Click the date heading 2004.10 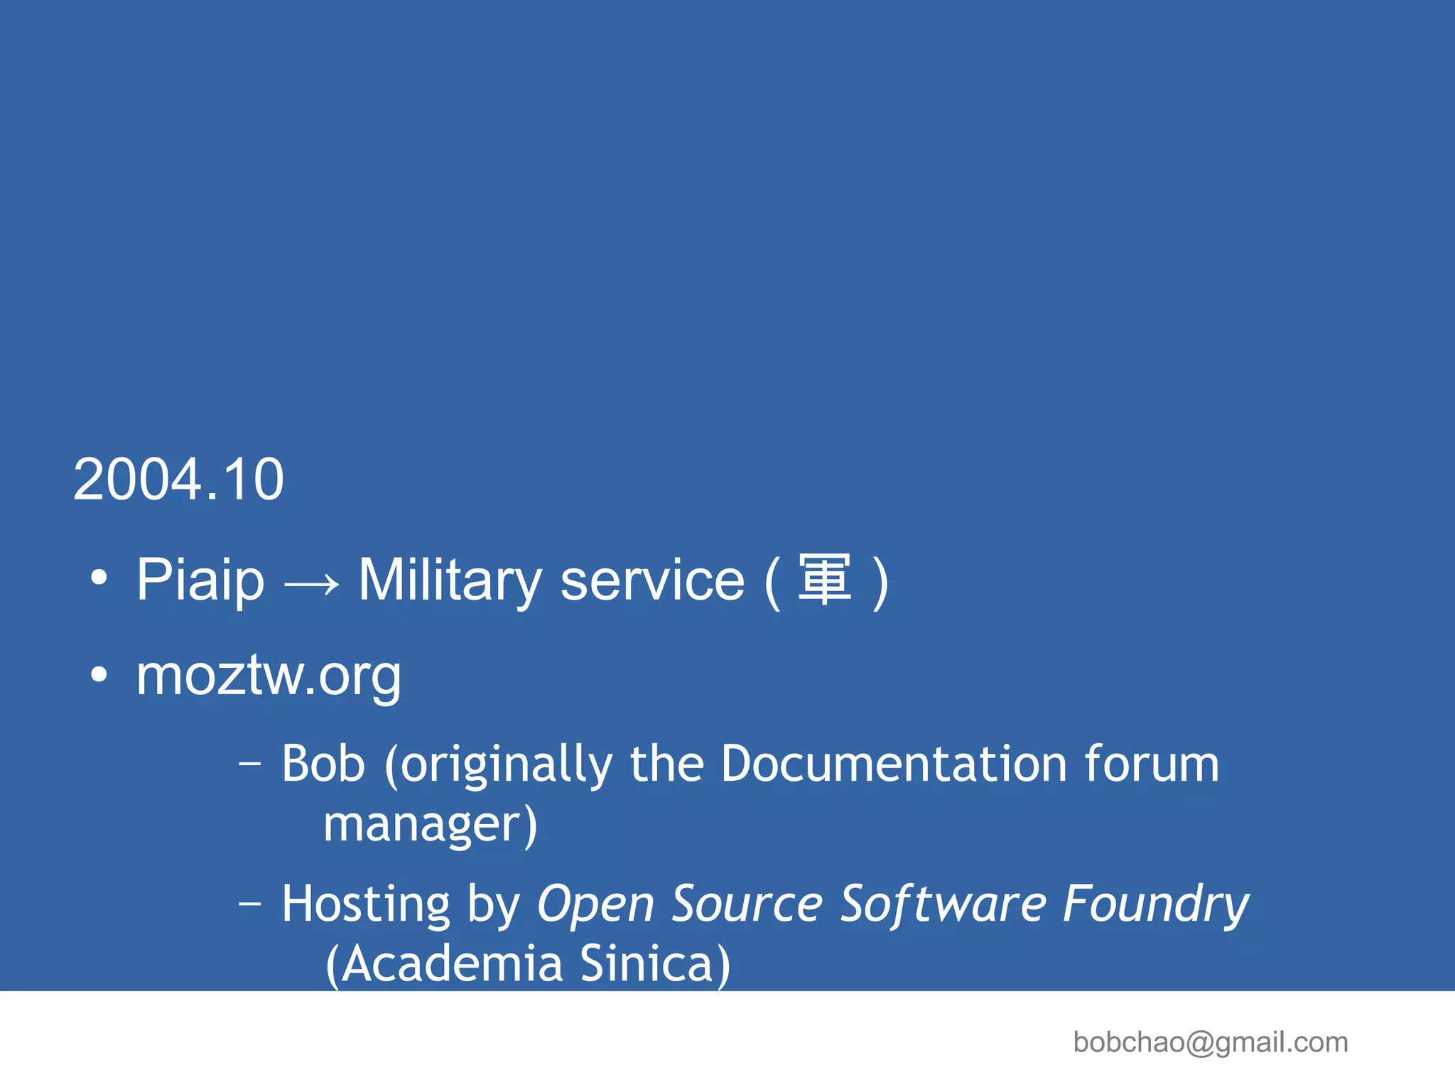point(178,480)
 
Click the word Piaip point(200,580)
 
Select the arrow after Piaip point(311,585)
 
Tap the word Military point(450,580)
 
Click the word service point(651,580)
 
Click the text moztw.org point(269,675)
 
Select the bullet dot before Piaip point(99,578)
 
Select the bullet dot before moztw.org point(99,674)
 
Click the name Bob point(323,764)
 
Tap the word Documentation point(894,764)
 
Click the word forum point(1151,764)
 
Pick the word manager point(423,824)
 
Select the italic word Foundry point(1156,904)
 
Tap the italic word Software point(943,904)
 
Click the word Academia point(452,964)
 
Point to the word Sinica point(647,964)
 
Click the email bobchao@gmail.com point(1210,1042)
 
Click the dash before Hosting point(250,904)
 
